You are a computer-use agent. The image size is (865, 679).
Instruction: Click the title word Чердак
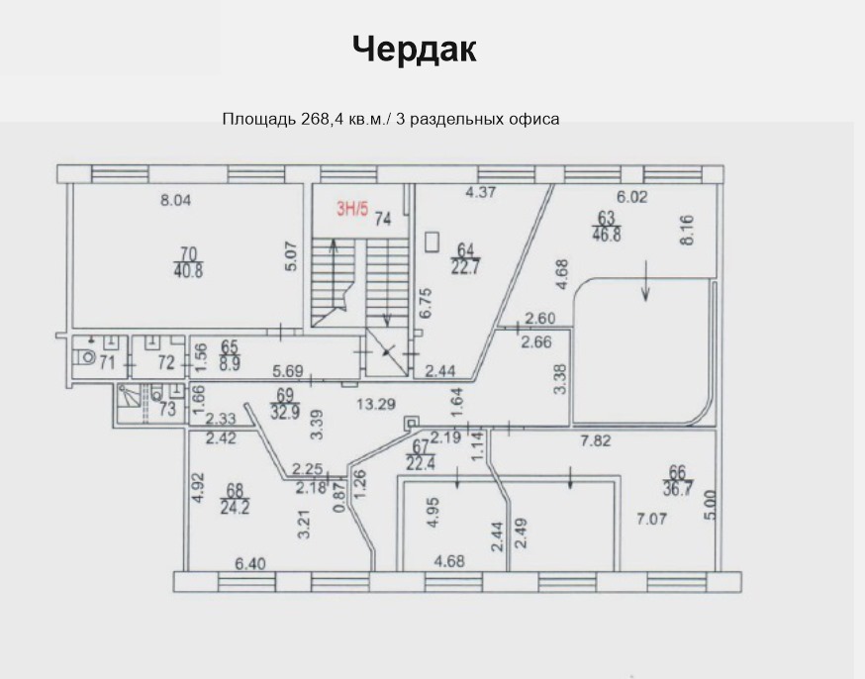[415, 49]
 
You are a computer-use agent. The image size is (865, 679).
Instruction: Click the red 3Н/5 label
[352, 210]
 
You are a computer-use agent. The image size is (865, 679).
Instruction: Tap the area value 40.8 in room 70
[189, 271]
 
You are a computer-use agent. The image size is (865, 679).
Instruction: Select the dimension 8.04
[175, 200]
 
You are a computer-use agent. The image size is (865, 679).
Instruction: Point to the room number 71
[107, 363]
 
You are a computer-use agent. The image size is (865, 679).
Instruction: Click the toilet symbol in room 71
[85, 357]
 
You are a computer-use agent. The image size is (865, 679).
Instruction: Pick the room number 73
[167, 409]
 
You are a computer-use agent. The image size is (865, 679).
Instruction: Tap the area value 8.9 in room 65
[230, 364]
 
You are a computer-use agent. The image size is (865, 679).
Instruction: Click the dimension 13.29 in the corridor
[376, 404]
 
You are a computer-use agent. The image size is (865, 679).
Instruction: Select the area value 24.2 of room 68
[235, 507]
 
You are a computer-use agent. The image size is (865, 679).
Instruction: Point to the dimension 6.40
[250, 564]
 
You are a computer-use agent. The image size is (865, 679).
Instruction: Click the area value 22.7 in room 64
[466, 267]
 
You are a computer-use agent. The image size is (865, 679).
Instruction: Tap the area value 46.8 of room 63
[606, 235]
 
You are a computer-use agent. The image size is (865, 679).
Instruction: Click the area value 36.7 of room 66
[678, 489]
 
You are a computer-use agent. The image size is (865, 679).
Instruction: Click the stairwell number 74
[383, 220]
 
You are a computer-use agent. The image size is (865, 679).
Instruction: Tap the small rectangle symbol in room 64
[432, 242]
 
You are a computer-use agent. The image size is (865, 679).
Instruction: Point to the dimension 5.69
[288, 371]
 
